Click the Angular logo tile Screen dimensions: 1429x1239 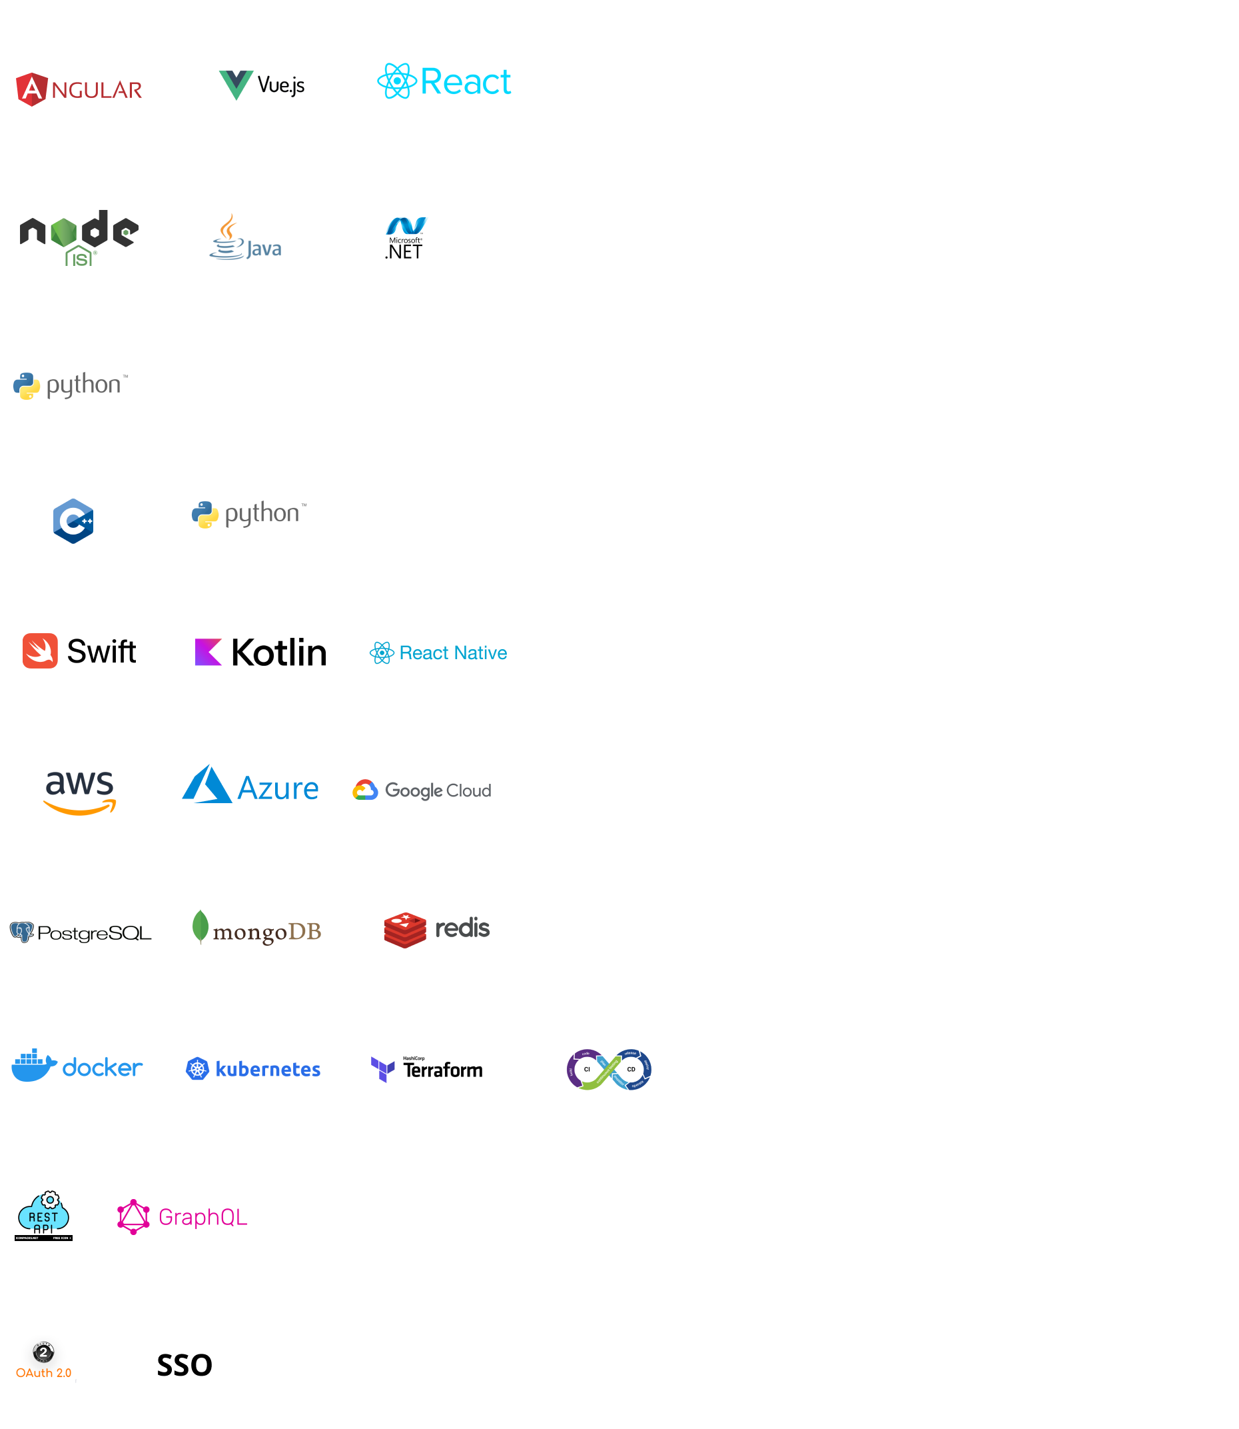[x=81, y=88]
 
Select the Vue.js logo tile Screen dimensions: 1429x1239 [x=260, y=88]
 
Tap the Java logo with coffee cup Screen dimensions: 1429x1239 [x=249, y=237]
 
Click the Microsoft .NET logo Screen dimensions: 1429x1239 [x=406, y=237]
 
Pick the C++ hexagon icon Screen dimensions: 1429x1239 [x=74, y=520]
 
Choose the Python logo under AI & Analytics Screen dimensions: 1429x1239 [x=71, y=387]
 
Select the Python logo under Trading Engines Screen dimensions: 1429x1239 [x=249, y=517]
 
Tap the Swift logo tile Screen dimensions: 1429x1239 [x=81, y=651]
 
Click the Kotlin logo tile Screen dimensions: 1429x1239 [x=259, y=651]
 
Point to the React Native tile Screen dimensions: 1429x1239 [x=438, y=651]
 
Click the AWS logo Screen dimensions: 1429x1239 [x=81, y=788]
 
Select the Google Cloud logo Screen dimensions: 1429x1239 [x=424, y=790]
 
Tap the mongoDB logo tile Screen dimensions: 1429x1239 [x=257, y=930]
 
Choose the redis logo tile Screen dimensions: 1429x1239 [x=436, y=930]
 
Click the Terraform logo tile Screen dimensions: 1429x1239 [x=426, y=1068]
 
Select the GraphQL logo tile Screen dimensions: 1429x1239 [x=184, y=1216]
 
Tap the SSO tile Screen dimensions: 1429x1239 [x=184, y=1364]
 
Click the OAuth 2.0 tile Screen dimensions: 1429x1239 [x=45, y=1363]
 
